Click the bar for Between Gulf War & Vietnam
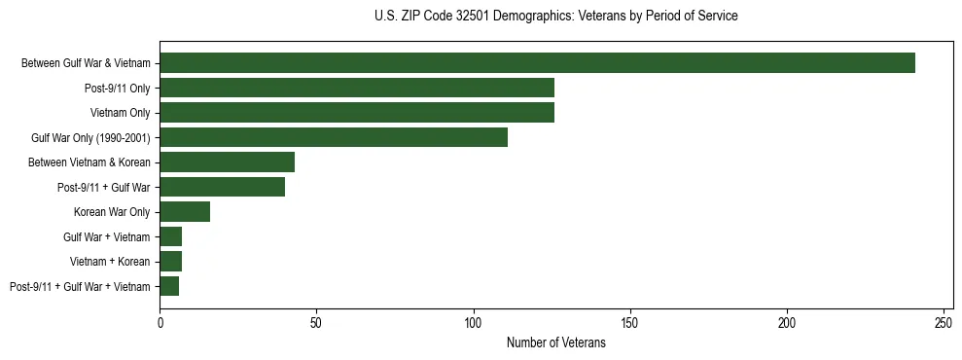537,63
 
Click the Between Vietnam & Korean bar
227,162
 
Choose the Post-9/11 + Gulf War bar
222,187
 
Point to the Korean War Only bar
185,212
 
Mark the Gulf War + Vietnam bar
170,236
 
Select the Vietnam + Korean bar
170,262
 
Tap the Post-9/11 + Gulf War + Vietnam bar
169,286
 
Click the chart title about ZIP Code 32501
555,17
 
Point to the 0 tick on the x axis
160,322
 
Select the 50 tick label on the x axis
316,322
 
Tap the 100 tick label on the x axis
474,322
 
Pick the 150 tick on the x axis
630,322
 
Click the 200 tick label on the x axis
787,322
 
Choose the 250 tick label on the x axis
944,322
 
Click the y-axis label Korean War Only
112,212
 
